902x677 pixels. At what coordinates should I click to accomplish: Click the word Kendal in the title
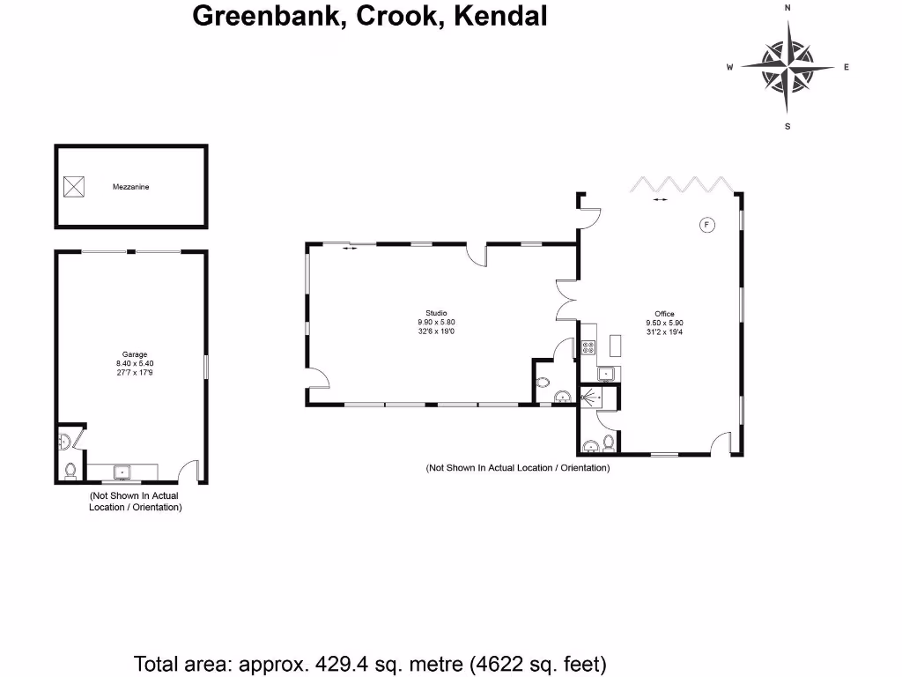(x=499, y=16)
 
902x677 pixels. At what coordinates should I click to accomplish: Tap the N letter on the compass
(x=787, y=7)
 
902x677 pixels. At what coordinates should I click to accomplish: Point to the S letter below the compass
(x=787, y=126)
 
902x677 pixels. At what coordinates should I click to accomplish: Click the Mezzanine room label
(x=130, y=187)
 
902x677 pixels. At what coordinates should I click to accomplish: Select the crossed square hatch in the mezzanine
(x=74, y=186)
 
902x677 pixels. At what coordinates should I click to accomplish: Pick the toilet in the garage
(x=70, y=471)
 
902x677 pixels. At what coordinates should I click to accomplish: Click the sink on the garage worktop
(x=122, y=472)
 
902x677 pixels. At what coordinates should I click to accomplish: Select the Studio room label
(x=436, y=313)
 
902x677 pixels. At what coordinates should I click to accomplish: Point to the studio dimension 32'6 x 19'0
(x=436, y=331)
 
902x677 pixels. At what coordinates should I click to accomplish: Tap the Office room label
(x=664, y=314)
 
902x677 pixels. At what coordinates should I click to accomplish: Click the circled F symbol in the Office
(x=706, y=224)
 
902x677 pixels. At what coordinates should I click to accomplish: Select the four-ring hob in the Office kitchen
(x=588, y=347)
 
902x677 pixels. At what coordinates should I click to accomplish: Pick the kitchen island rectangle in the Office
(x=615, y=346)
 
